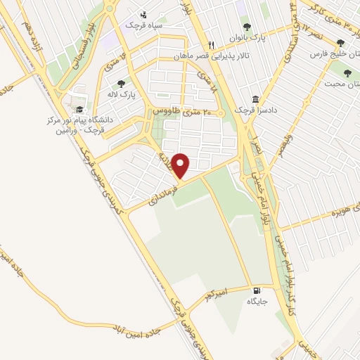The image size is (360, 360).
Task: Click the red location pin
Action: (181, 166)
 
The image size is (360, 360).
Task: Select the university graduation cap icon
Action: (79, 109)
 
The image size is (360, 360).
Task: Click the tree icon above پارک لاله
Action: (122, 84)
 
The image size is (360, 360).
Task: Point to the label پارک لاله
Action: (122, 94)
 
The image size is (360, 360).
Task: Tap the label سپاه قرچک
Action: (144, 25)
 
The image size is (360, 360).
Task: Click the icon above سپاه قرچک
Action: (144, 14)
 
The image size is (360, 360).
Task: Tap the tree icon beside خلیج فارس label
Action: (340, 44)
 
